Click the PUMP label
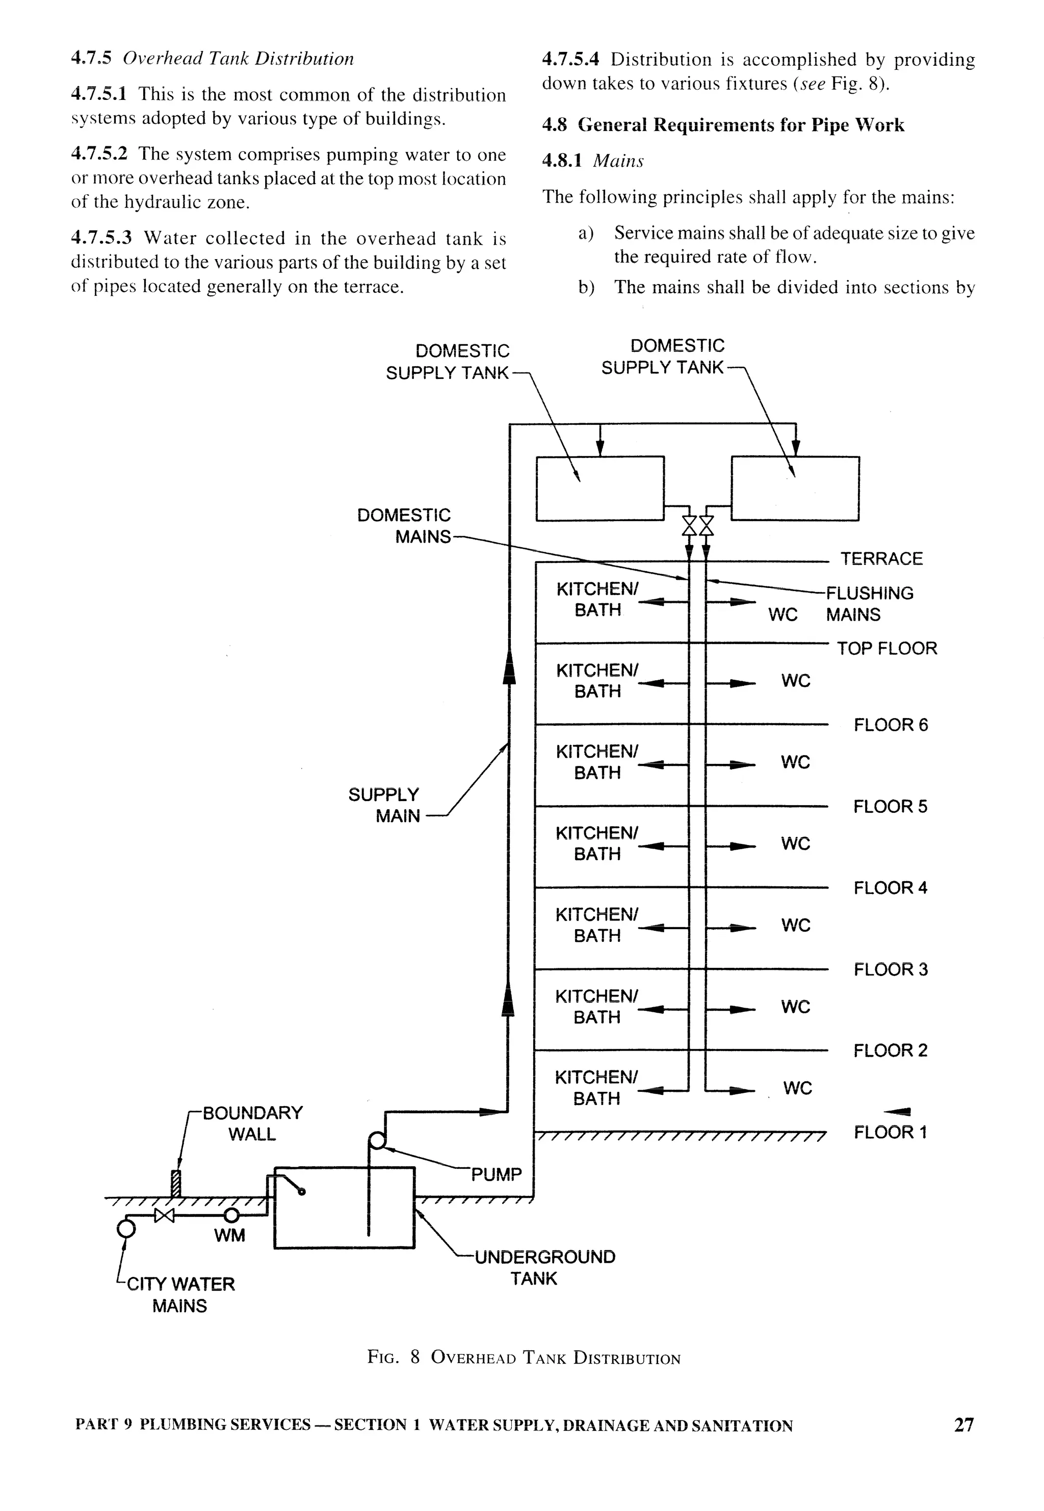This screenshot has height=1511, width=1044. (x=496, y=1174)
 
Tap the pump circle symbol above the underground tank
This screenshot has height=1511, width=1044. (x=377, y=1142)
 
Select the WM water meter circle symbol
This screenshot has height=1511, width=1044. (x=231, y=1215)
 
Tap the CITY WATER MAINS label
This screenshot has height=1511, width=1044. (x=180, y=1294)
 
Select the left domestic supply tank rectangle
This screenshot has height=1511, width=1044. (x=600, y=488)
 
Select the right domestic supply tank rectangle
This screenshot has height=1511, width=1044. (x=795, y=488)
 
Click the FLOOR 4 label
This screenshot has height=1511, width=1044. (x=890, y=888)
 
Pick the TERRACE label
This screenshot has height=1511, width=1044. (x=881, y=558)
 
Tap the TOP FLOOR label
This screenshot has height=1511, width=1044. (x=886, y=649)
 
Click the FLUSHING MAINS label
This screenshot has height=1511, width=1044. (x=869, y=603)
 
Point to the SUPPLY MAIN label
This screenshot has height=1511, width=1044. (x=384, y=805)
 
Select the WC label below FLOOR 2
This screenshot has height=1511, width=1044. (x=797, y=1088)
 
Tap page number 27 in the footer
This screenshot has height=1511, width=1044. (x=963, y=1425)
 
